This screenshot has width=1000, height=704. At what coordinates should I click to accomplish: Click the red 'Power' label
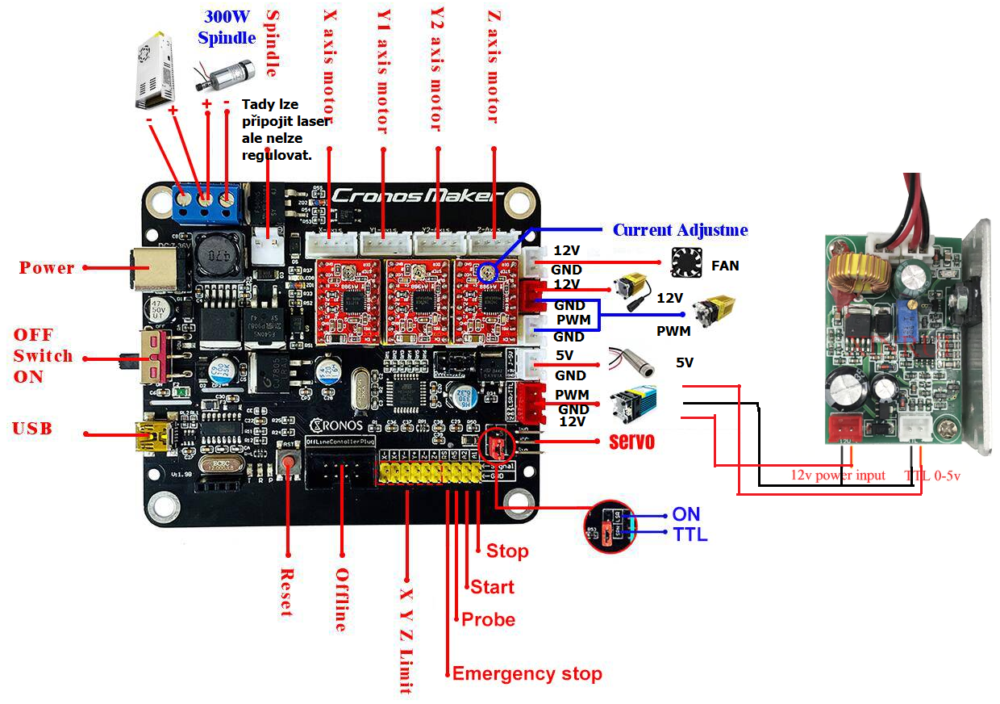tap(47, 268)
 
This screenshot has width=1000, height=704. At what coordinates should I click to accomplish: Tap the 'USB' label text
tap(32, 429)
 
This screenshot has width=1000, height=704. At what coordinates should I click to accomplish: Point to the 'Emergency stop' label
tap(527, 673)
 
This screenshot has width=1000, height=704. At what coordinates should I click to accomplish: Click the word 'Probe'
tap(488, 619)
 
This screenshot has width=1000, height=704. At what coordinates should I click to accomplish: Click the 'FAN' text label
tap(725, 265)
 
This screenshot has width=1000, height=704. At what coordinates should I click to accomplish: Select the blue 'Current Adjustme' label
tap(680, 230)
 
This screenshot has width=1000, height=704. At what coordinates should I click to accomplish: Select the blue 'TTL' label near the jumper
tap(690, 534)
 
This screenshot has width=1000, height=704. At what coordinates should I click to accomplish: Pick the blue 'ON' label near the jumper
tap(685, 514)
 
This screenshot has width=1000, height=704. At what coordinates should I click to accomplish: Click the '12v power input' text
tap(837, 476)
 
